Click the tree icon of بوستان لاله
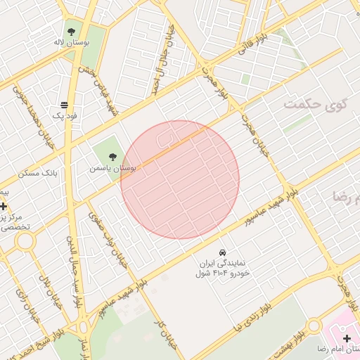pos(71,31)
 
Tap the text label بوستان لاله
pos(72,43)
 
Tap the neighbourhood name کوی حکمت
pos(316,105)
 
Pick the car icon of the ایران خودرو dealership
pos(222,252)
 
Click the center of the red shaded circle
pos(180,179)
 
